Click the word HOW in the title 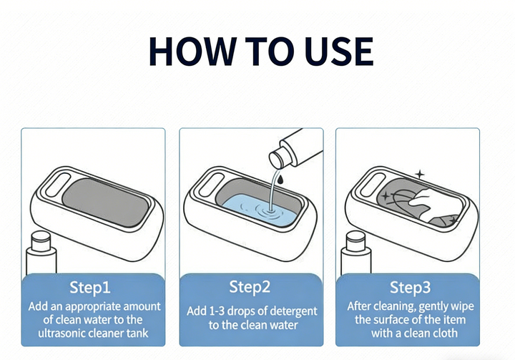coord(192,52)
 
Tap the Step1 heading coord(90,287)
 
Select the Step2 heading coord(250,287)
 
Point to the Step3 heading coord(410,287)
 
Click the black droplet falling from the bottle coord(280,179)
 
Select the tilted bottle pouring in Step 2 coord(295,150)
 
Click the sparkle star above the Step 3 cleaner coord(419,174)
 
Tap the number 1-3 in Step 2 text coord(217,311)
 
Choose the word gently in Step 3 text coord(434,307)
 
